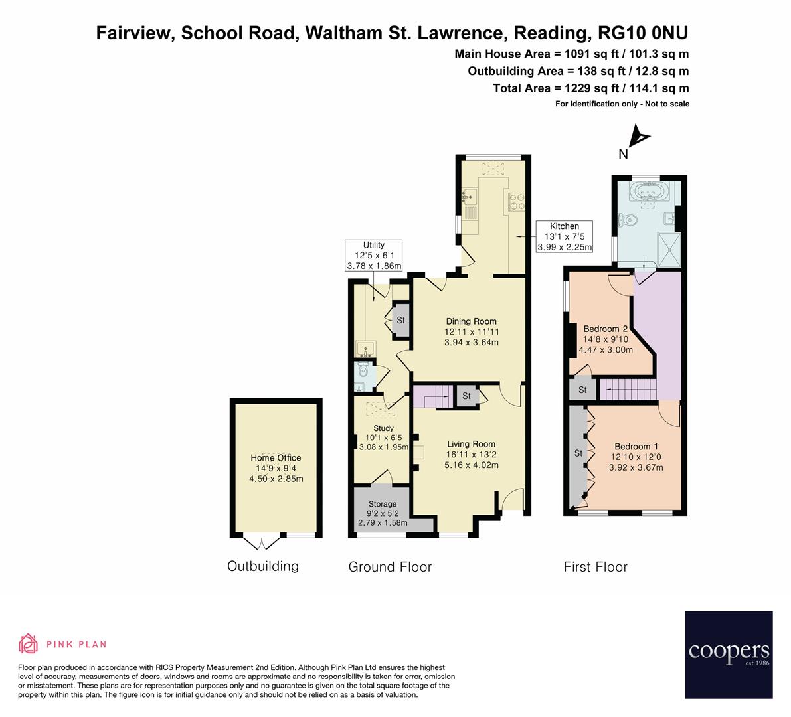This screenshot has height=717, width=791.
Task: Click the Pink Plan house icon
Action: (x=28, y=643)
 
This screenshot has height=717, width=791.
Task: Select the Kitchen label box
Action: (x=564, y=237)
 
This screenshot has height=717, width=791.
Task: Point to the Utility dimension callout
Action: (x=374, y=256)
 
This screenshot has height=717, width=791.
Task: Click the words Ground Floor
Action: (x=390, y=567)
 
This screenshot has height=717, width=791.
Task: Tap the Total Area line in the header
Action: (x=590, y=88)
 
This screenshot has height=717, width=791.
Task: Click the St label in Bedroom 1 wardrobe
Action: (x=578, y=453)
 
